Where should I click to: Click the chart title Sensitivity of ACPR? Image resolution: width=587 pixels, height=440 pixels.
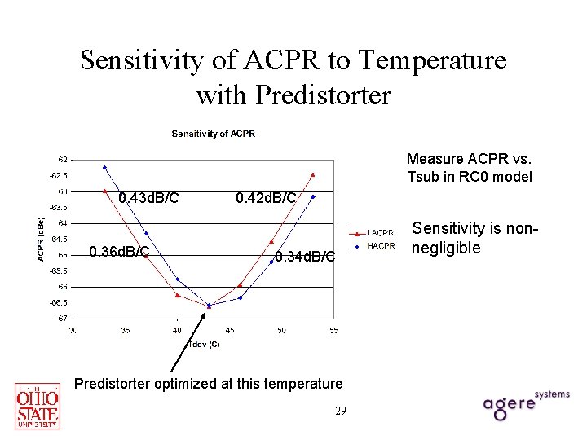(x=212, y=134)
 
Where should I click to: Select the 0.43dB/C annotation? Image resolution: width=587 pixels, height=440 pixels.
(x=148, y=198)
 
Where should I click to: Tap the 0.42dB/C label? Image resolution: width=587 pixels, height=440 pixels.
(x=266, y=198)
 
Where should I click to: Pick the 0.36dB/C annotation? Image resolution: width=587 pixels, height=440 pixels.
(x=119, y=251)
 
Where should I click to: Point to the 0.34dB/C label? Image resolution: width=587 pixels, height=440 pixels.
(x=305, y=257)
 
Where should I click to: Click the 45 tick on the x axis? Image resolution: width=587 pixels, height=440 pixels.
(x=229, y=330)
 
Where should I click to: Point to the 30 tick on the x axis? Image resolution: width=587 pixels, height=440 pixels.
(x=73, y=330)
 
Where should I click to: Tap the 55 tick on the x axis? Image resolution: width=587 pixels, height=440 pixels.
(x=333, y=330)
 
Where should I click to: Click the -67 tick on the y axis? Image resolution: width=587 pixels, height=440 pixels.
(x=62, y=319)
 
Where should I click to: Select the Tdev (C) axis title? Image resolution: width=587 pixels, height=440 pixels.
(x=204, y=344)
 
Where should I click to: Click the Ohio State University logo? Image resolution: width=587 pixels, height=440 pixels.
(x=38, y=406)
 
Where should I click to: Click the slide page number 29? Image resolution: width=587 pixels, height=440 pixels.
(x=340, y=411)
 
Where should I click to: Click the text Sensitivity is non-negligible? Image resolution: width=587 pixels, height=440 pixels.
(x=474, y=239)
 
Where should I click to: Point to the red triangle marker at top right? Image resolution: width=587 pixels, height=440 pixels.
(x=313, y=174)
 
